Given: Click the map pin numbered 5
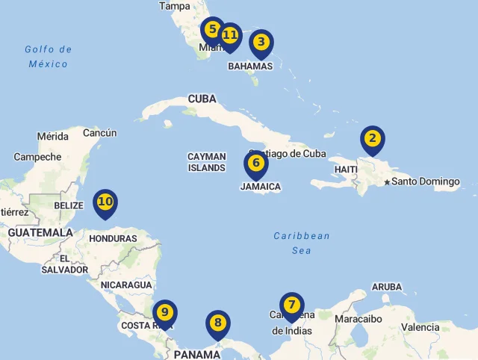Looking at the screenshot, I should point(213,31).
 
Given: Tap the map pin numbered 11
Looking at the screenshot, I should point(230,36).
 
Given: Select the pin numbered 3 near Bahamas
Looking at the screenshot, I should point(261,43).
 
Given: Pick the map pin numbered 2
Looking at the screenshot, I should point(372,139).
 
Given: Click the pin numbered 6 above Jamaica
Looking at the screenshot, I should point(255,164).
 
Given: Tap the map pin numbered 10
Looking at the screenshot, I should point(105,202).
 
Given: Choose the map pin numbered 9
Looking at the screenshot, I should point(165,313).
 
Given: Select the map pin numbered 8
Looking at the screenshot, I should point(217,323).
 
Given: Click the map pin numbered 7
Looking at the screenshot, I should point(291,305).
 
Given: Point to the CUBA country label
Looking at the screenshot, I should point(202,99).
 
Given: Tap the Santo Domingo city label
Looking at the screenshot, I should point(426,181).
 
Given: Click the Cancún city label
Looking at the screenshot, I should point(99,133).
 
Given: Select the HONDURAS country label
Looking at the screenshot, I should point(113,239).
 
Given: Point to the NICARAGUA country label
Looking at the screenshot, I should point(126,285).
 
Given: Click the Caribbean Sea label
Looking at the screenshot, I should point(302,243).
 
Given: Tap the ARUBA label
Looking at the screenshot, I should point(386,287).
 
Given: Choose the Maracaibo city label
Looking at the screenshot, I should point(358,319).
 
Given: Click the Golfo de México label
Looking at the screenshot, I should point(48,57).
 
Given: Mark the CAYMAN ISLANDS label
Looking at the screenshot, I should point(206,162).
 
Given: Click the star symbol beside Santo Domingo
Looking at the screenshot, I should point(387,182).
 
